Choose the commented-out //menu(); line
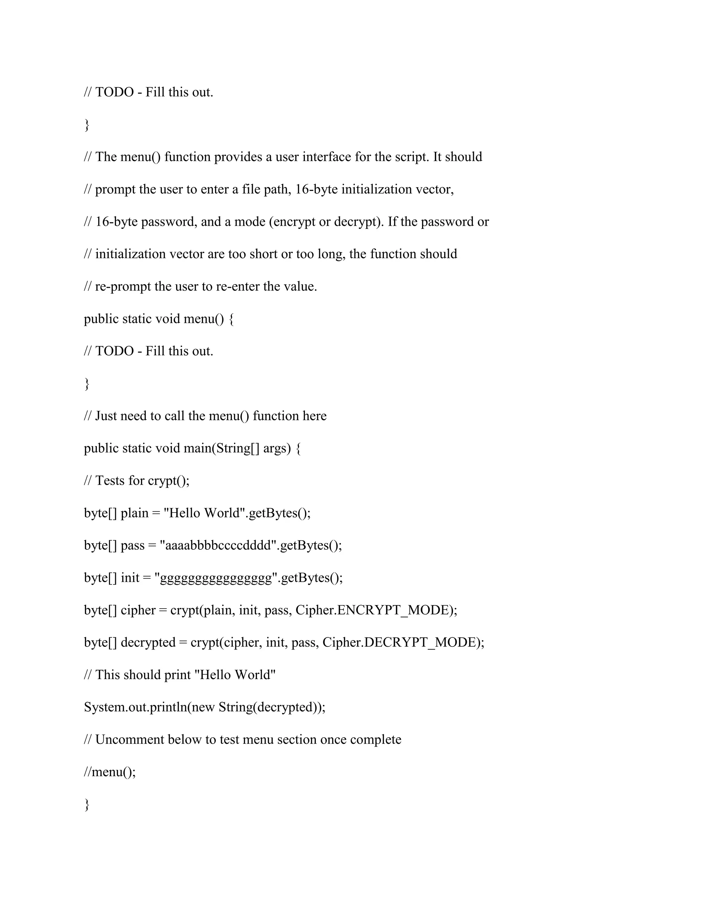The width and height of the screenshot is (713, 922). [x=110, y=772]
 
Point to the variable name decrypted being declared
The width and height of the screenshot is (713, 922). [x=148, y=643]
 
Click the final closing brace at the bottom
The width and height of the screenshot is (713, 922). [x=87, y=805]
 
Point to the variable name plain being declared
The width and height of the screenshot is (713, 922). [x=134, y=513]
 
